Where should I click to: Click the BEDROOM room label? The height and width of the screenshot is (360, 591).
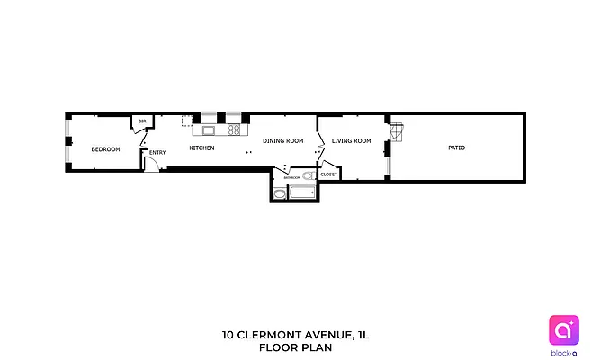(105, 149)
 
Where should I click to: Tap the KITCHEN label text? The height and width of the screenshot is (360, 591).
(201, 148)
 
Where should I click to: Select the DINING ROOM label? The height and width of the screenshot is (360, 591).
(282, 141)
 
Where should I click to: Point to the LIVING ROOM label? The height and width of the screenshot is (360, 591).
(351, 141)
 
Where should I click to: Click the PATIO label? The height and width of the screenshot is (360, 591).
(456, 148)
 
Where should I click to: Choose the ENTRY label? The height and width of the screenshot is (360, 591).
(157, 152)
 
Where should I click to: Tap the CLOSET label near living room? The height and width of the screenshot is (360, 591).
(328, 174)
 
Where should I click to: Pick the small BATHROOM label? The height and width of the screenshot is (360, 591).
(292, 178)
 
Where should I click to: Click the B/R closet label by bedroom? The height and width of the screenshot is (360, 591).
(142, 121)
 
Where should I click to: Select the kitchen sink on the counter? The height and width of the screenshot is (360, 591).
(209, 130)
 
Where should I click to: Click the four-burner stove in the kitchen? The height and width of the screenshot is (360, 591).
(234, 130)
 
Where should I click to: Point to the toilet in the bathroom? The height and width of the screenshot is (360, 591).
(307, 176)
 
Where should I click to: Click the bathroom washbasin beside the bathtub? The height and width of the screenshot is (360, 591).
(278, 191)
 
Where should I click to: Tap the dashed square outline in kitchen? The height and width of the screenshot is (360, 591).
(186, 121)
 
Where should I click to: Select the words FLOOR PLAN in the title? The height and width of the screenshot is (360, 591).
(295, 346)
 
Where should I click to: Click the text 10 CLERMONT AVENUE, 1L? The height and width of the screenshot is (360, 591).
(295, 335)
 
